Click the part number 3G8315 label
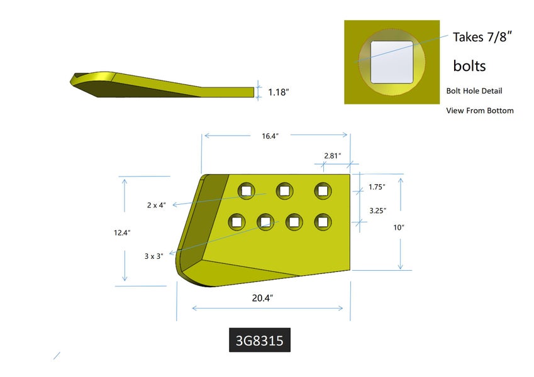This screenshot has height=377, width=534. [260, 340]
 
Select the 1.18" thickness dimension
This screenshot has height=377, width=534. [278, 92]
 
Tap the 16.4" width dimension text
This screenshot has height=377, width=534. [270, 136]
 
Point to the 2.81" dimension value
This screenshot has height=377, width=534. [332, 156]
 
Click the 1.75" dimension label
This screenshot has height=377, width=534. [377, 187]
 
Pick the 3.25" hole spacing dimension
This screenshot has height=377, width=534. [377, 210]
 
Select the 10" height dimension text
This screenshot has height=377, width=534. [399, 227]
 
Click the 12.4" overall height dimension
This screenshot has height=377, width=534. [122, 232]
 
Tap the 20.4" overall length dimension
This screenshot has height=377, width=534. [262, 298]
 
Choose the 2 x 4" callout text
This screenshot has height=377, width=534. [157, 205]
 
